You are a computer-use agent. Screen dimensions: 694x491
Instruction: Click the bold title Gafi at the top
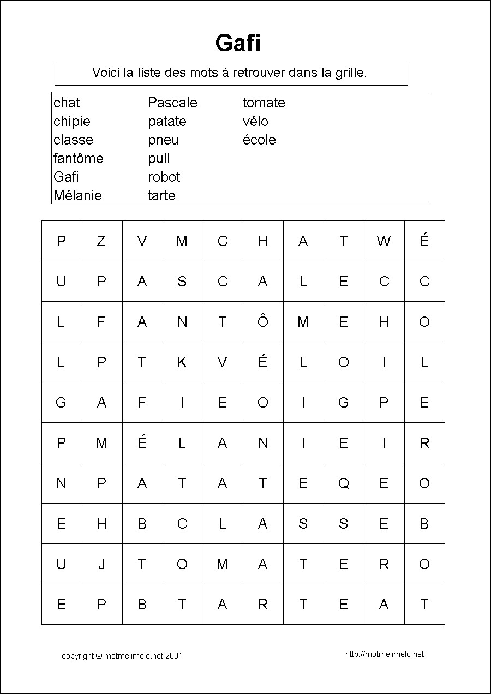pyautogui.click(x=238, y=43)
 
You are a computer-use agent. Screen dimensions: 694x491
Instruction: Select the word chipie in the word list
pyautogui.click(x=72, y=121)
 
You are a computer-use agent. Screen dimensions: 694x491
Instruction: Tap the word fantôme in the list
pyautogui.click(x=79, y=158)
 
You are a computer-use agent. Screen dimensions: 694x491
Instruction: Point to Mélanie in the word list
pyautogui.click(x=77, y=195)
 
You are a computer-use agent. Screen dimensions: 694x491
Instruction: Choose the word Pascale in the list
pyautogui.click(x=172, y=103)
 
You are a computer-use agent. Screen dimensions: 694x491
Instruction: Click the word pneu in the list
pyautogui.click(x=163, y=140)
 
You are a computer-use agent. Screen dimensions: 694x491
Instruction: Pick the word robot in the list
pyautogui.click(x=164, y=177)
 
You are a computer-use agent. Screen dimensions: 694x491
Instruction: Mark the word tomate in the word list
pyautogui.click(x=264, y=103)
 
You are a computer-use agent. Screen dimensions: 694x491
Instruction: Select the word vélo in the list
pyautogui.click(x=255, y=121)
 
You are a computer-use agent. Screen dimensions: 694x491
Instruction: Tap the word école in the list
pyautogui.click(x=259, y=140)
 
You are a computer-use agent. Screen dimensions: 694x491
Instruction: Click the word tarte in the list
pyautogui.click(x=161, y=195)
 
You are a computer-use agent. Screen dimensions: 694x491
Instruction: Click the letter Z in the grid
pyautogui.click(x=101, y=241)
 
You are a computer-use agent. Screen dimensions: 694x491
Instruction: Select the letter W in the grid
pyautogui.click(x=384, y=241)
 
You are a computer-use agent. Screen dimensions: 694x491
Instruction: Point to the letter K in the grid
pyautogui.click(x=182, y=362)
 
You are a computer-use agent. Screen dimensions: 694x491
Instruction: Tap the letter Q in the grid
pyautogui.click(x=344, y=483)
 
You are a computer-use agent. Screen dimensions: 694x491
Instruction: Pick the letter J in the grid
pyautogui.click(x=101, y=564)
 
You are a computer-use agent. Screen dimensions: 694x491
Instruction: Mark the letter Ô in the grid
pyautogui.click(x=263, y=321)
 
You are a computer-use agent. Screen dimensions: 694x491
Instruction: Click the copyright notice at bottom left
pyautogui.click(x=122, y=656)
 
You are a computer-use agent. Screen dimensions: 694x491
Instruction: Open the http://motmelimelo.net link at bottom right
pyautogui.click(x=385, y=654)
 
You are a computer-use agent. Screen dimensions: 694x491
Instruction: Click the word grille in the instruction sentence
pyautogui.click(x=349, y=73)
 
